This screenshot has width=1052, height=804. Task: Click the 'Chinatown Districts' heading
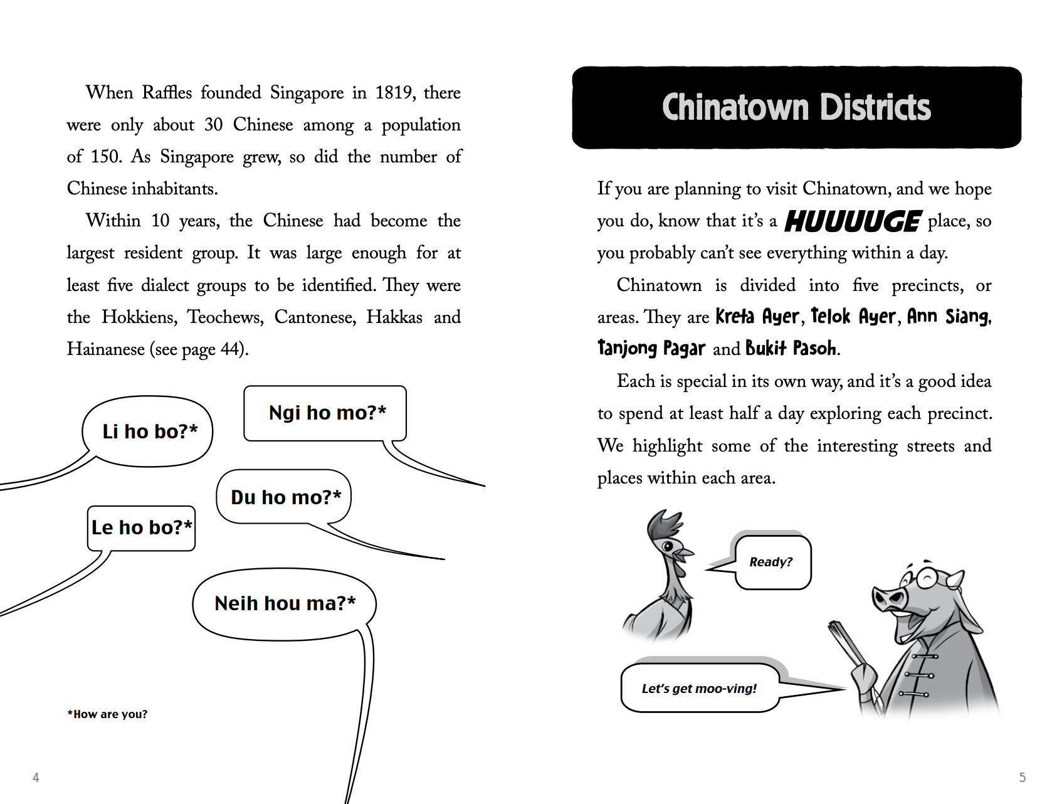[796, 108]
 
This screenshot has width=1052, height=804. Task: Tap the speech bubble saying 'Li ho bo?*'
[149, 431]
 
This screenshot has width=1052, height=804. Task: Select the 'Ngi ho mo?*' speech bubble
[327, 413]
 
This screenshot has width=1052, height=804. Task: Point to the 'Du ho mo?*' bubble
[285, 497]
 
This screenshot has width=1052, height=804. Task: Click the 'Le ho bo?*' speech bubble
[142, 527]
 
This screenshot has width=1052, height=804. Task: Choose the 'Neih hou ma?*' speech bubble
[285, 603]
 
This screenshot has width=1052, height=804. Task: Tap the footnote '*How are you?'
[108, 714]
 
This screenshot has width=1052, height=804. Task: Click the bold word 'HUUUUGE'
[852, 221]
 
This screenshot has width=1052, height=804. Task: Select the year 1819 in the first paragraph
[394, 93]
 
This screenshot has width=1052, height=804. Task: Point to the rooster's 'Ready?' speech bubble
[771, 562]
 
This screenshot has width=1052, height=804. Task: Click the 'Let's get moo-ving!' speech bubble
[699, 688]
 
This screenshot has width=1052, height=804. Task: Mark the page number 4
[36, 778]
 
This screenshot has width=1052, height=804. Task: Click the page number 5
[1022, 778]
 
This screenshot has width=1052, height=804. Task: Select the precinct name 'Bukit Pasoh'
[791, 349]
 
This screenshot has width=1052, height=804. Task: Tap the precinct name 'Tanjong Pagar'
[651, 349]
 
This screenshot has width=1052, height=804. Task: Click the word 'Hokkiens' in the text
[139, 317]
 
